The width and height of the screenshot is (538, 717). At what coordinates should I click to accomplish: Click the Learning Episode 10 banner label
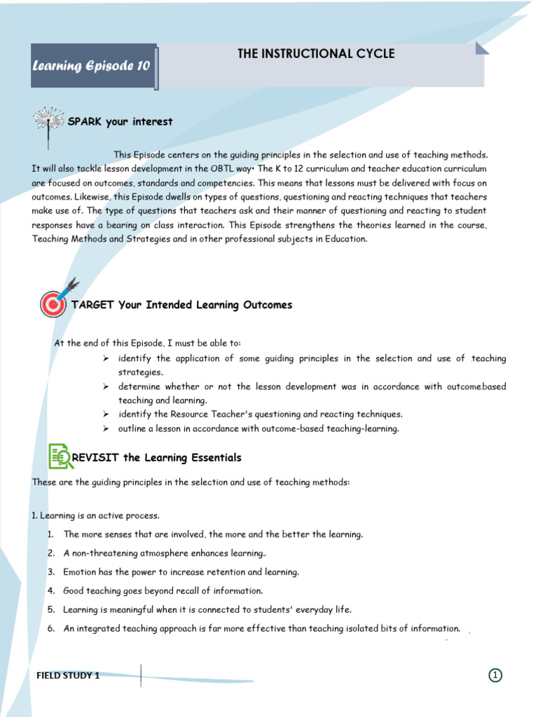[91, 67]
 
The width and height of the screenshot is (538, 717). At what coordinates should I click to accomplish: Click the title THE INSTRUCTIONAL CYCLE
[316, 54]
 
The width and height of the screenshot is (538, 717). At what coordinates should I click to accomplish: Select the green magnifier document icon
[60, 456]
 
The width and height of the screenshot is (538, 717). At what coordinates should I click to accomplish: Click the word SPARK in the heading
[85, 122]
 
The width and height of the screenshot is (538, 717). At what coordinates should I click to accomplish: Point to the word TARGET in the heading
[93, 305]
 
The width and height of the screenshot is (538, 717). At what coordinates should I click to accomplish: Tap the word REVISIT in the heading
[97, 458]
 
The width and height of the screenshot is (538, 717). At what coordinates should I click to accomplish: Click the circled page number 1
[495, 675]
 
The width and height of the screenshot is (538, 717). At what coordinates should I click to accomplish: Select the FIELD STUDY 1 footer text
[68, 676]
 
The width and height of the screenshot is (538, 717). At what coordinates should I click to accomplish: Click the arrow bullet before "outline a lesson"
[105, 429]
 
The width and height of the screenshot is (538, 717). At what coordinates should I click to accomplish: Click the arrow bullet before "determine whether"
[105, 387]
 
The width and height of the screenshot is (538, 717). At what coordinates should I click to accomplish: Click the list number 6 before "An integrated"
[51, 629]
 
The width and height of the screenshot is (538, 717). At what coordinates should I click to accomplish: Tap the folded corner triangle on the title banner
[481, 48]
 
